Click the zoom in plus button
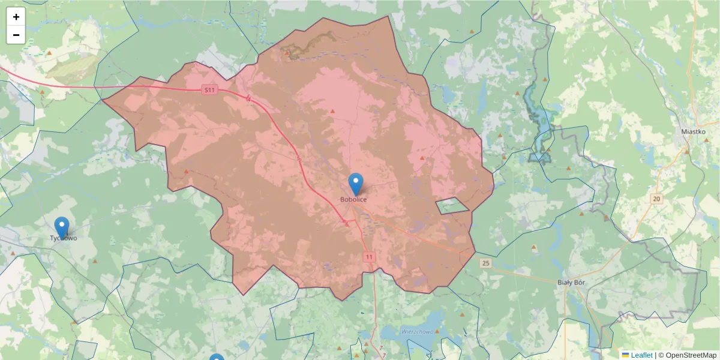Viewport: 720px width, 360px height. pos(16,17)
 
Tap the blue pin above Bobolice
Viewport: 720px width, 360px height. pos(356,183)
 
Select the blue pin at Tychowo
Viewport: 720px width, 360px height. pos(62,227)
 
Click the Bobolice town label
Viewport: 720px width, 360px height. pos(353,199)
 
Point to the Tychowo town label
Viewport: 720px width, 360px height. pos(63,238)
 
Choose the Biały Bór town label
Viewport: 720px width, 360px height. pos(571,282)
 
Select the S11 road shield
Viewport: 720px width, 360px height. pos(209,90)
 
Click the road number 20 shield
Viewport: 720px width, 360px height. pos(656,199)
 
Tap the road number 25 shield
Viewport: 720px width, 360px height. pos(485,263)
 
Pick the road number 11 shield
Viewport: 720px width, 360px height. pos(368,257)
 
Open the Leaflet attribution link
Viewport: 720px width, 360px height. pos(641,355)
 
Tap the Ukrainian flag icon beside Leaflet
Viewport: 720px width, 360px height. pos(625,355)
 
